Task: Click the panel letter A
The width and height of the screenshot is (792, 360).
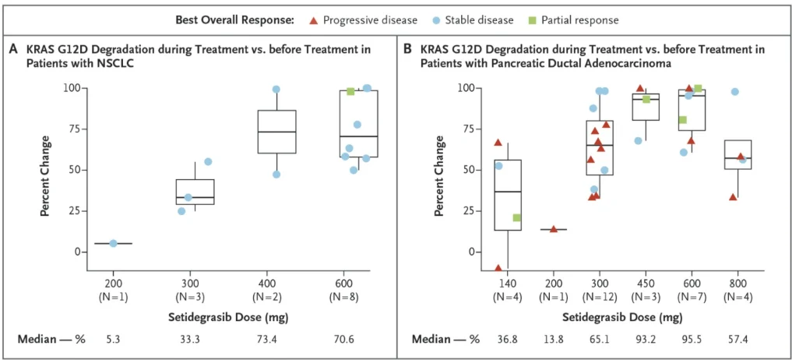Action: coord(13,49)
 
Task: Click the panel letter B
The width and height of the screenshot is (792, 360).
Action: coord(407,49)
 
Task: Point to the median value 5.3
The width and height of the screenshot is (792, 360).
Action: coord(113,340)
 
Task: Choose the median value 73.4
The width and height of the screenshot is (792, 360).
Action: coord(276,340)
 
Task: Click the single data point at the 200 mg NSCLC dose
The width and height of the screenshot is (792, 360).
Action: coord(113,243)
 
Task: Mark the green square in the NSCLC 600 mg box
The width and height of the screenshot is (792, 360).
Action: coord(350,92)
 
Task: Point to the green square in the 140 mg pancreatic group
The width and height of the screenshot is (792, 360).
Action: coord(516,217)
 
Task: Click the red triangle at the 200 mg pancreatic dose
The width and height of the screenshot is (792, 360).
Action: coord(554,229)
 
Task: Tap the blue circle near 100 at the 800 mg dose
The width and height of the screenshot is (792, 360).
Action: coord(734,92)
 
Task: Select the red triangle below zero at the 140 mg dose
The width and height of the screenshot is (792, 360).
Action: coord(498,268)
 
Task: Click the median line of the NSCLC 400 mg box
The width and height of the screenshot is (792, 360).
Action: coord(276,132)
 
